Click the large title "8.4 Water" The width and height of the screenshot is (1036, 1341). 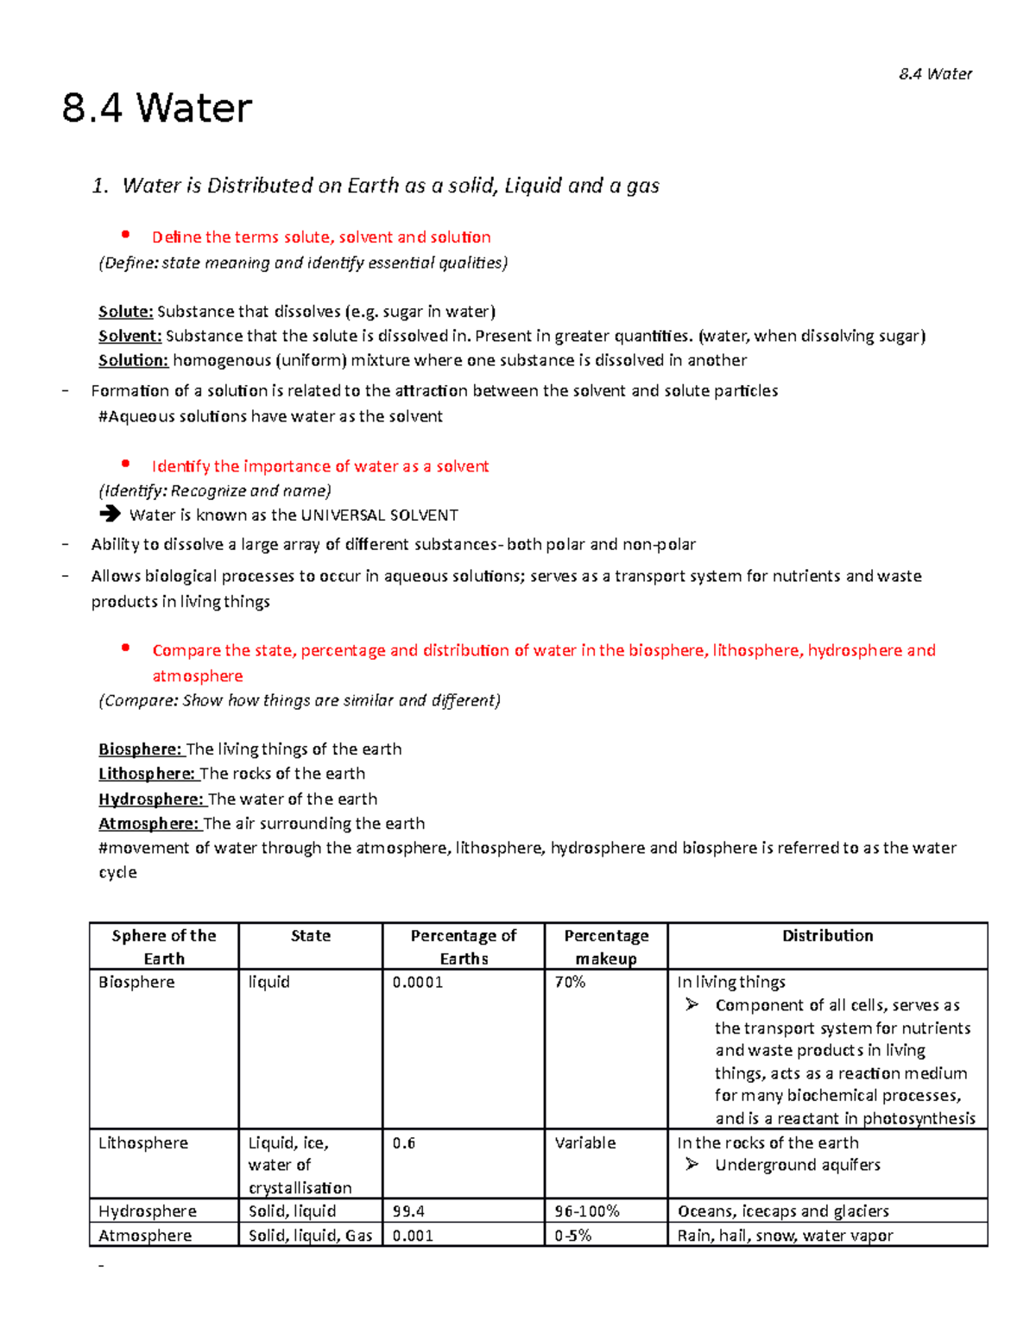(157, 110)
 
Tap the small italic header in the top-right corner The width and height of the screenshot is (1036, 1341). (935, 74)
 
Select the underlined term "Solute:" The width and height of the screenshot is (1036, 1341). (125, 312)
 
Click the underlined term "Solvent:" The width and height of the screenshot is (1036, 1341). (129, 336)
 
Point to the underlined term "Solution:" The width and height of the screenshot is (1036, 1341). (133, 360)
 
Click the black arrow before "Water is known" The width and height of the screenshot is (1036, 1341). (110, 515)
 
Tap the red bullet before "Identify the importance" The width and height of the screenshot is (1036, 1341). (126, 465)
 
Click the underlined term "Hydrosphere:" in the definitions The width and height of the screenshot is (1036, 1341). (150, 799)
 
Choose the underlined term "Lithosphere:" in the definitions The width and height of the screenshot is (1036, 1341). (147, 774)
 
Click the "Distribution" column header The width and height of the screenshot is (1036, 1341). (827, 936)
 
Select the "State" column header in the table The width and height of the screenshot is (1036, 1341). (310, 936)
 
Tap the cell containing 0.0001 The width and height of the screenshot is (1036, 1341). (418, 983)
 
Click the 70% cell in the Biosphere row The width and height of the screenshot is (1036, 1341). (570, 983)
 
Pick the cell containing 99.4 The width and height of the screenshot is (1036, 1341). (408, 1211)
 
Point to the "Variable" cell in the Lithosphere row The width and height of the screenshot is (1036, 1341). (585, 1143)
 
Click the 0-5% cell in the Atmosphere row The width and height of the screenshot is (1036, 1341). (573, 1236)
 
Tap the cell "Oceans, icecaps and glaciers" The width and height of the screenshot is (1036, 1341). (783, 1211)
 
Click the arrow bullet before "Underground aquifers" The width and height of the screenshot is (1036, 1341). (692, 1165)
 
